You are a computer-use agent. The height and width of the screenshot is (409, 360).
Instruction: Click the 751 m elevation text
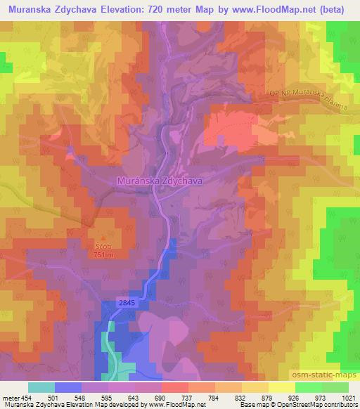[102, 255]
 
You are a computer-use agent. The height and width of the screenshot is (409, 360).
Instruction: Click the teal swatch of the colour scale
[41, 387]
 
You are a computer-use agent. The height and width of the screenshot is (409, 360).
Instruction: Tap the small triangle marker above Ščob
[103, 238]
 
